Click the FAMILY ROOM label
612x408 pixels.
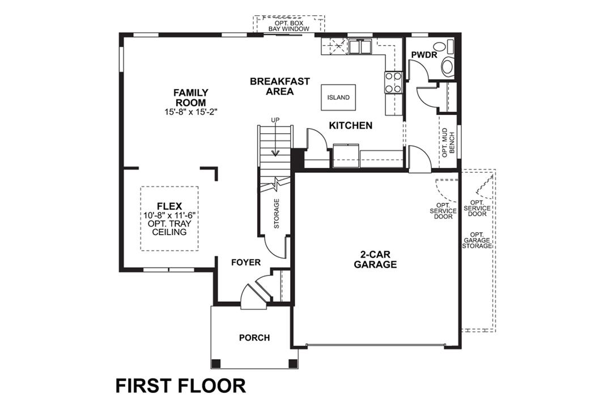tap(191, 97)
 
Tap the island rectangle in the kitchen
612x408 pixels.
tap(338, 97)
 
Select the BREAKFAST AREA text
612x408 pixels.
tap(279, 86)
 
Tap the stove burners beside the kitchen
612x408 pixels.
tap(393, 82)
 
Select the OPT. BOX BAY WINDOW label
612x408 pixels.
tap(288, 25)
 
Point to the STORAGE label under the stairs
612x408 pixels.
tap(277, 214)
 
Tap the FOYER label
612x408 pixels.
tap(246, 262)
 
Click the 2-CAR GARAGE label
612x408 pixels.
tap(375, 260)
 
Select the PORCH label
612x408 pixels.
tap(254, 338)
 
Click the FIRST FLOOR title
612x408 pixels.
tap(181, 385)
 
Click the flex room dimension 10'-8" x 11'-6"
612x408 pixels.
tap(169, 216)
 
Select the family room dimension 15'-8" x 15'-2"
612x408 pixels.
tap(191, 112)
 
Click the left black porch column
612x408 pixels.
tap(216, 363)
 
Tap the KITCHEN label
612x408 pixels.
tap(351, 125)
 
